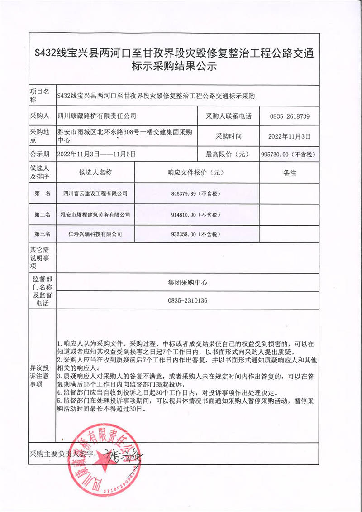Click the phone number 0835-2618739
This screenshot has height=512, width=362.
(x=290, y=116)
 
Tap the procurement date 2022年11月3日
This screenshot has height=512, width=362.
(x=290, y=136)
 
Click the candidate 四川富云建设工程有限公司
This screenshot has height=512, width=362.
(x=95, y=194)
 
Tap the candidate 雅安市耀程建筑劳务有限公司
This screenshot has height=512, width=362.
(x=95, y=214)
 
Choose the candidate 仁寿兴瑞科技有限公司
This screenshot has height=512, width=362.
(x=95, y=234)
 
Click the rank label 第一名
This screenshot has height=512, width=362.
(x=43, y=194)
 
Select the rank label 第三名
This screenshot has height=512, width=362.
(x=43, y=234)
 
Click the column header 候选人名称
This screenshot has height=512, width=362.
(x=95, y=173)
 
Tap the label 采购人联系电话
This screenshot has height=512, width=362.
(x=229, y=116)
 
